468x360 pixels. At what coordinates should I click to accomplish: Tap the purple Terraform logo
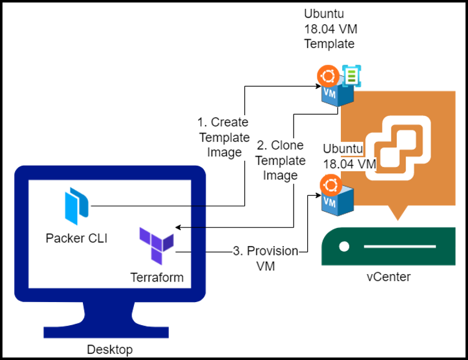(156, 245)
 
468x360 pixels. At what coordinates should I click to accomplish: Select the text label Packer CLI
(76, 238)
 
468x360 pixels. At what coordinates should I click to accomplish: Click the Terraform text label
(157, 277)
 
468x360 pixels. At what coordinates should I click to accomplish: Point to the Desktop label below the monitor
(110, 349)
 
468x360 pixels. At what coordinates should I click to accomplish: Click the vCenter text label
(388, 277)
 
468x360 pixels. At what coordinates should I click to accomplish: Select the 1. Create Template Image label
(222, 137)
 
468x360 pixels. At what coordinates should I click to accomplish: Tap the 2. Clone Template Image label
(280, 160)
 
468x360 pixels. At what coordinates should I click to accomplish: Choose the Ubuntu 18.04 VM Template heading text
(330, 29)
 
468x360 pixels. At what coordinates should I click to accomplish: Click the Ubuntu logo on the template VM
(328, 77)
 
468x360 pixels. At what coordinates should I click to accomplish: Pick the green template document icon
(351, 76)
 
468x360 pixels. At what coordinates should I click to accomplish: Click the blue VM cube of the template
(337, 97)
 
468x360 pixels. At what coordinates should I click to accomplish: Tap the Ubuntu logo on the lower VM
(329, 185)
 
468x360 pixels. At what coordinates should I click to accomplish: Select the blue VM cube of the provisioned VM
(337, 204)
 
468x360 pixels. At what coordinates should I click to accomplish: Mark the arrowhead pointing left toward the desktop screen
(179, 227)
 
